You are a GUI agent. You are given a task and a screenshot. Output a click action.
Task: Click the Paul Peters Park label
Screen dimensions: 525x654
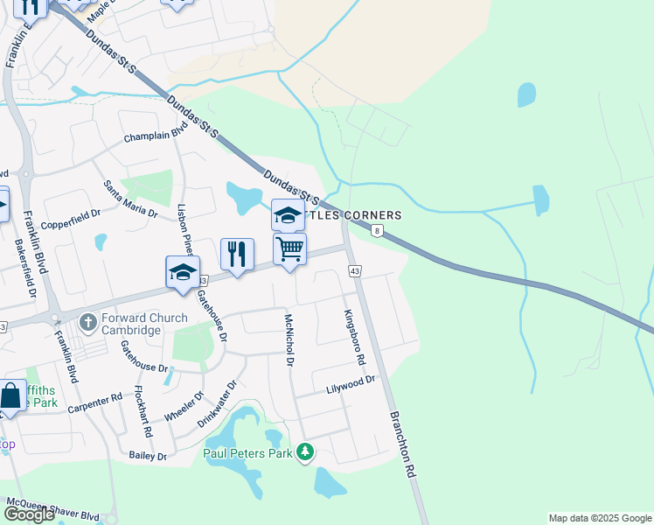[249, 452]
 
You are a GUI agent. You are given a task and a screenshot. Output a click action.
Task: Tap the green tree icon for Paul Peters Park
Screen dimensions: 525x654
[305, 452]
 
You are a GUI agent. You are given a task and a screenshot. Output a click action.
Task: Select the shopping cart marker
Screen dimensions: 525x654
[289, 248]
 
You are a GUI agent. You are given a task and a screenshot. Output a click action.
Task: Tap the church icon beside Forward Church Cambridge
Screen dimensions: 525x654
[87, 323]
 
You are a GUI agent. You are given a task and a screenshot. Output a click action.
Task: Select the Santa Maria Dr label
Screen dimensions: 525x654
[130, 199]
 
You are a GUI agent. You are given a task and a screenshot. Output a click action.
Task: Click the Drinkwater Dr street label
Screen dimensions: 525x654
[217, 402]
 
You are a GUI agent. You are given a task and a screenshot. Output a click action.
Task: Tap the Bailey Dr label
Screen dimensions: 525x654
[147, 455]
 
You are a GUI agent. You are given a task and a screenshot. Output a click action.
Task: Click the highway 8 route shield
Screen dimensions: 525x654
[377, 231]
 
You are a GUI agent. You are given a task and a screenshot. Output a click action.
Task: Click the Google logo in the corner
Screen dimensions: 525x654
[29, 514]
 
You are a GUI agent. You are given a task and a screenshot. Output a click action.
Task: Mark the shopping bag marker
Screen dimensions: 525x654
[10, 395]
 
